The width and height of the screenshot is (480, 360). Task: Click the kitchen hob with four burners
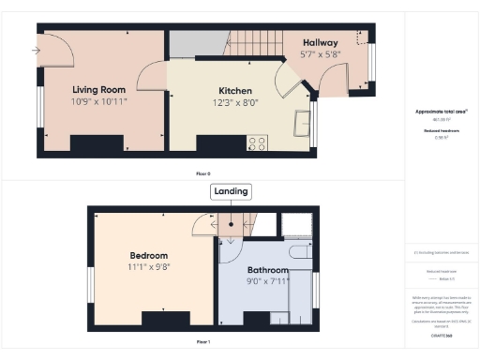pos(256,143)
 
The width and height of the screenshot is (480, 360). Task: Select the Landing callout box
pos(231,191)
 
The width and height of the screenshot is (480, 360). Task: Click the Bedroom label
pos(148,256)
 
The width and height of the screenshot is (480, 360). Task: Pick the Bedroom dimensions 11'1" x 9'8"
pos(148,266)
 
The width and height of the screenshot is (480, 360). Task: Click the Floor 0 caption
pos(202,174)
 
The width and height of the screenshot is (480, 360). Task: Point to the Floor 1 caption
pos(202,343)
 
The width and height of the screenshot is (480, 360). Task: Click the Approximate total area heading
pos(441,112)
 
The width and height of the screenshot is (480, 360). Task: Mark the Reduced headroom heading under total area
pos(441,130)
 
